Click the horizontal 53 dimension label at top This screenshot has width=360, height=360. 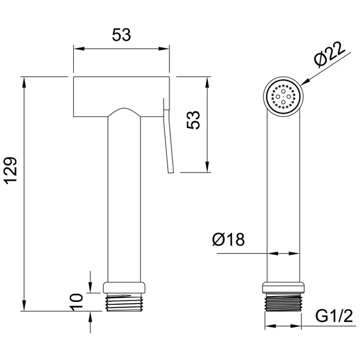click(x=121, y=35)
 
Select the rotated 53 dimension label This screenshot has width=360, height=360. click(x=193, y=120)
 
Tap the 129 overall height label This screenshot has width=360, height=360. click(x=11, y=171)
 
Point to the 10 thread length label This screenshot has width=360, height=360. click(x=76, y=302)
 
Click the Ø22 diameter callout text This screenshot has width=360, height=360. click(x=330, y=54)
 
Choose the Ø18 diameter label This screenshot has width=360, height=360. click(x=229, y=239)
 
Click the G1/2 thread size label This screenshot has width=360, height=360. click(x=334, y=316)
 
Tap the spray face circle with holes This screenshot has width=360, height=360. click(x=283, y=97)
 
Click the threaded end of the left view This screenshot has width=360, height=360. click(x=124, y=302)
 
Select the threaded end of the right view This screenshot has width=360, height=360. click(x=283, y=302)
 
